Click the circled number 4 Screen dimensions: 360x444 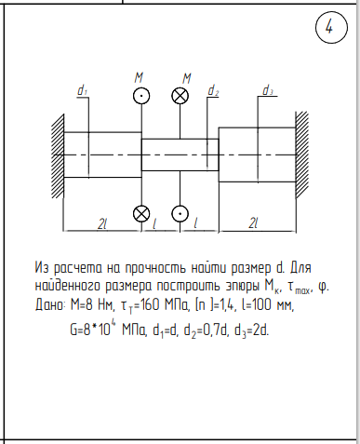click(331, 27)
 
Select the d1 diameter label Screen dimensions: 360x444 click(82, 90)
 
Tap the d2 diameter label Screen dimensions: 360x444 click(213, 90)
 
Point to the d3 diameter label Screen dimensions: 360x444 click(268, 90)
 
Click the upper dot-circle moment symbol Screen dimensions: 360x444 click(141, 96)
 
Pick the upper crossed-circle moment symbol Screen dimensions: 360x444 click(180, 96)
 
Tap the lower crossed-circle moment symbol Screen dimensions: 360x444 click(141, 214)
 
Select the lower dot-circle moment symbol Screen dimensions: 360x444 click(180, 213)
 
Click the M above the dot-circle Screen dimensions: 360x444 click(139, 77)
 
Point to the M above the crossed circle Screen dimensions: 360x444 click(186, 78)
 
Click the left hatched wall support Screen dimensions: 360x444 click(58, 155)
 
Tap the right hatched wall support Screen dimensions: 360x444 click(302, 155)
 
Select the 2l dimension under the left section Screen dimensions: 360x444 click(102, 223)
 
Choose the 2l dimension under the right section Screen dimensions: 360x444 click(253, 223)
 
